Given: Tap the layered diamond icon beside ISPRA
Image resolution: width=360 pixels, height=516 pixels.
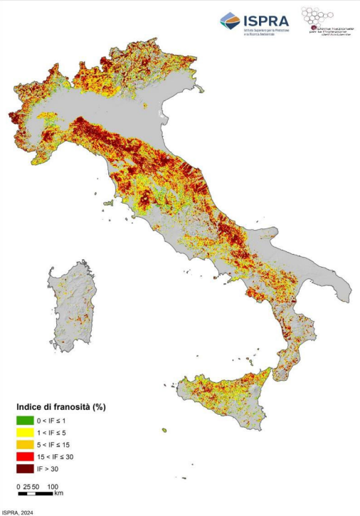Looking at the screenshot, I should [x=230, y=22].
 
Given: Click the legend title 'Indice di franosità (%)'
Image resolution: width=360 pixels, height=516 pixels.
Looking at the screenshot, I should [x=60, y=407].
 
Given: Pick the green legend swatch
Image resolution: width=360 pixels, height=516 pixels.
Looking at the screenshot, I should [x=25, y=420].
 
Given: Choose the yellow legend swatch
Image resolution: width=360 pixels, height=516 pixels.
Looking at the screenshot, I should [x=25, y=432].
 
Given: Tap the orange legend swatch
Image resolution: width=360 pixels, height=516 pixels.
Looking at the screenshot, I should [x=25, y=444].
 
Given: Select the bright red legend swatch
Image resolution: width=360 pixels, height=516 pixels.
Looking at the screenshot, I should [x=25, y=456].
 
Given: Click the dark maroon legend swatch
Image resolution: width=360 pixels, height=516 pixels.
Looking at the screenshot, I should [x=25, y=468].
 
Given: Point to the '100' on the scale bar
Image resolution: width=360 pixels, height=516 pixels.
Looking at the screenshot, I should [x=53, y=487].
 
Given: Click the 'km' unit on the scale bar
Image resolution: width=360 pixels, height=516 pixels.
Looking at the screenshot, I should [x=59, y=493].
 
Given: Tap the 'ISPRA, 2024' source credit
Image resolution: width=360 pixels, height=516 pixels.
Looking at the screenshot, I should [x=17, y=512].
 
